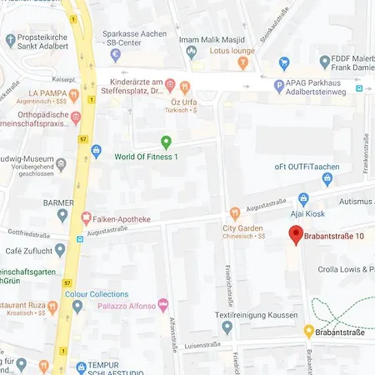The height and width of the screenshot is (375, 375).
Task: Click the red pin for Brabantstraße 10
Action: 295,235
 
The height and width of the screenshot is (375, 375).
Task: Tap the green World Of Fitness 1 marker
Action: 166,142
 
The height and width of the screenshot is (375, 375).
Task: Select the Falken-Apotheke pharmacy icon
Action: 86,218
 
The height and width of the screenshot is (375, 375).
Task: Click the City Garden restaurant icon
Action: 236,212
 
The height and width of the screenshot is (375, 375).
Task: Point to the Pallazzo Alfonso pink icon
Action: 162,306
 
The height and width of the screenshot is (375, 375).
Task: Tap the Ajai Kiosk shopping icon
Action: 303,198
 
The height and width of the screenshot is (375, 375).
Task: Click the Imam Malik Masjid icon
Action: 191,52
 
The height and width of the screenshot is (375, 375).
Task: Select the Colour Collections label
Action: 97,294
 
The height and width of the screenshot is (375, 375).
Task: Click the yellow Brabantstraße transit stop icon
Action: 308,330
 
